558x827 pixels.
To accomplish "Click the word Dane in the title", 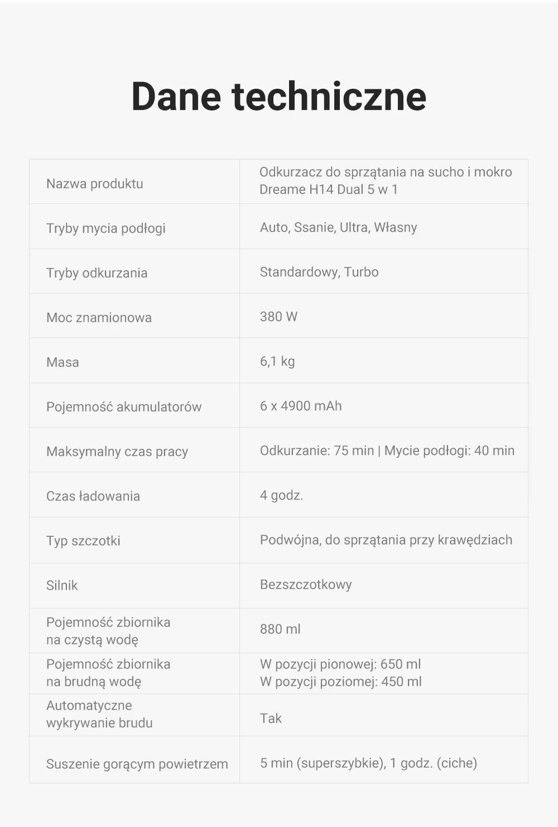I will [x=176, y=97].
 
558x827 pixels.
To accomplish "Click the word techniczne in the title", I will [x=329, y=97].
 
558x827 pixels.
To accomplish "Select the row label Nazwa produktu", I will [x=94, y=184].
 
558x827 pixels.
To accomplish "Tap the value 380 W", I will [x=278, y=317].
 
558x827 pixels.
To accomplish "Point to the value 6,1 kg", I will [x=277, y=362].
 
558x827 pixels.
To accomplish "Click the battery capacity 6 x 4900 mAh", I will [x=300, y=406].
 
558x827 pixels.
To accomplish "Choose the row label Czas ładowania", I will [x=93, y=496].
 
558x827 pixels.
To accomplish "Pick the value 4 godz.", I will [x=281, y=496].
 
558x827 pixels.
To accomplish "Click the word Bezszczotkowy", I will [x=305, y=585].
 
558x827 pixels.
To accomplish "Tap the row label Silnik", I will [x=62, y=585].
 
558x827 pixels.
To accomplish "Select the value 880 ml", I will [x=280, y=629].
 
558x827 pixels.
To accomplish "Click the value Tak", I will [x=271, y=719].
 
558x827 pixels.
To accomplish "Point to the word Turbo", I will [x=361, y=272].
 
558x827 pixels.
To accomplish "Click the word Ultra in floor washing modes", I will [x=354, y=228].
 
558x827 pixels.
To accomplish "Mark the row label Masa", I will [x=62, y=362].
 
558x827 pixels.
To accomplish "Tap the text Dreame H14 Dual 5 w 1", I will [x=328, y=190].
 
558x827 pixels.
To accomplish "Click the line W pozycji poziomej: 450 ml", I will [x=340, y=682].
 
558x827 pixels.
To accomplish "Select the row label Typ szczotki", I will [x=83, y=541].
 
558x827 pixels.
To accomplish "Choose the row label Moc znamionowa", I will [x=99, y=318].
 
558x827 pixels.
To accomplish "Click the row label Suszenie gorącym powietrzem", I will [x=137, y=764].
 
